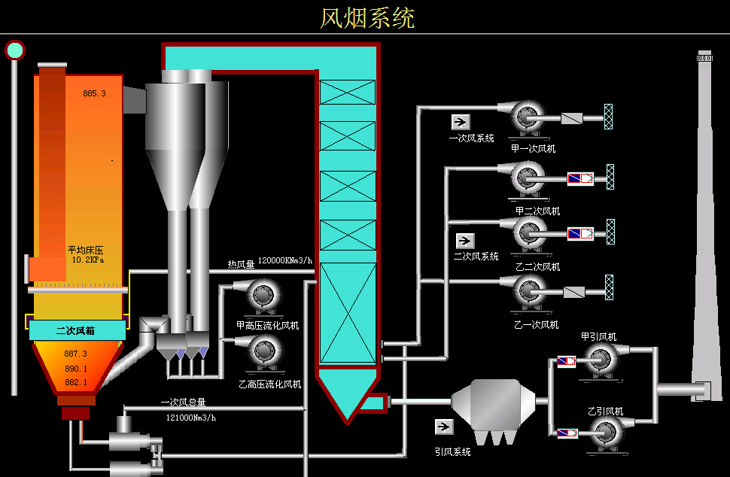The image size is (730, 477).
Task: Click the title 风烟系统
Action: pyautogui.click(x=367, y=17)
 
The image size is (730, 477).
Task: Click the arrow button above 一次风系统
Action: pyautogui.click(x=460, y=122)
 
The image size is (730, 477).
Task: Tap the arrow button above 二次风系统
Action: pyautogui.click(x=465, y=241)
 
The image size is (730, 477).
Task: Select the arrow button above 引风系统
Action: pyautogui.click(x=444, y=427)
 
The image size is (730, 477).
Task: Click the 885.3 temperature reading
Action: pyautogui.click(x=95, y=94)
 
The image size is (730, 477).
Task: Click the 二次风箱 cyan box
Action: pyautogui.click(x=78, y=330)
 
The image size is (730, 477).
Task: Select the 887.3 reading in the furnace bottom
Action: pyautogui.click(x=76, y=354)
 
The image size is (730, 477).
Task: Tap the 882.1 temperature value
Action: pyautogui.click(x=76, y=382)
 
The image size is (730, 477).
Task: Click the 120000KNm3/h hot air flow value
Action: pyautogui.click(x=285, y=261)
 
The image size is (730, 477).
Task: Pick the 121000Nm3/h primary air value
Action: pyautogui.click(x=190, y=418)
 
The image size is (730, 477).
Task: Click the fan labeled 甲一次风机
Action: pyautogui.click(x=528, y=117)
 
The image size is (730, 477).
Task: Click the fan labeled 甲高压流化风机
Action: pyautogui.click(x=263, y=296)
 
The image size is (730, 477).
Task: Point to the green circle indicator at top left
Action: pyautogui.click(x=14, y=50)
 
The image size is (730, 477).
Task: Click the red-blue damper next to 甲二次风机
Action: pyautogui.click(x=579, y=179)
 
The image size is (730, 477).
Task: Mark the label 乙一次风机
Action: pyautogui.click(x=536, y=325)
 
